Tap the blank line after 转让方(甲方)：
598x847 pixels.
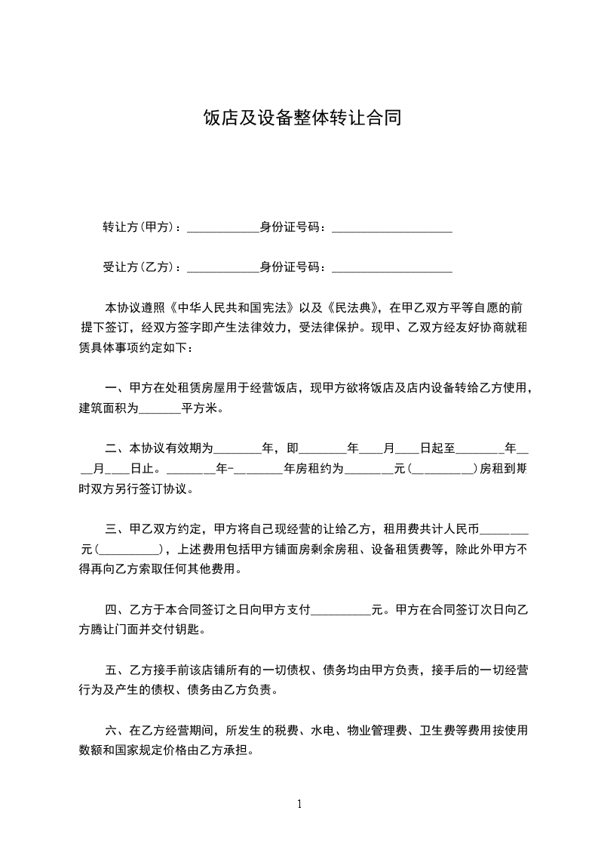[x=222, y=229]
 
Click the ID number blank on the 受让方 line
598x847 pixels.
[x=391, y=269]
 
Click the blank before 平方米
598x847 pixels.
[x=161, y=410]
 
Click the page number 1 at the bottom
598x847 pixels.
[x=299, y=803]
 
